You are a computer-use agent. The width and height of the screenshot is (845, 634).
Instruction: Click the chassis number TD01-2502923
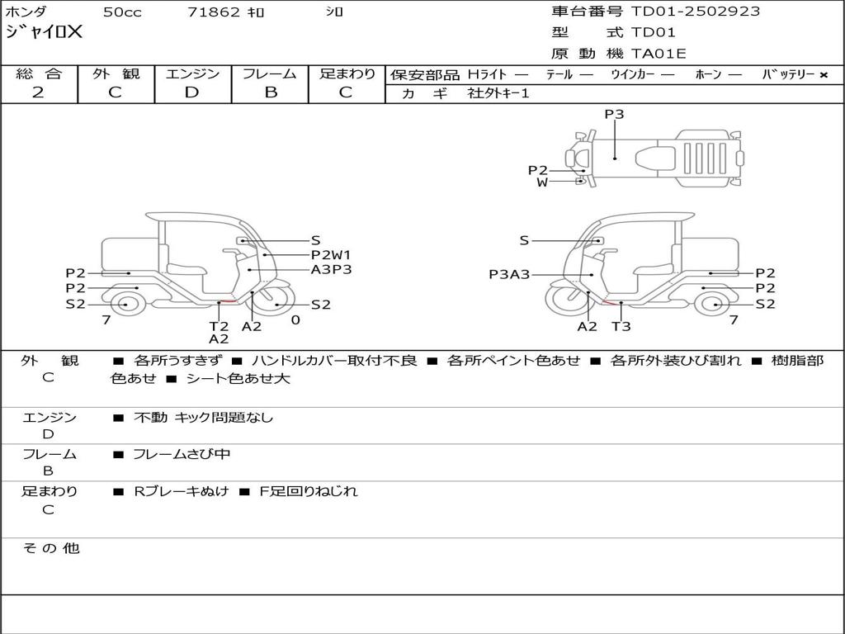point(695,12)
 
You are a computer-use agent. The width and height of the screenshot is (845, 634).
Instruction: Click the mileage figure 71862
point(214,12)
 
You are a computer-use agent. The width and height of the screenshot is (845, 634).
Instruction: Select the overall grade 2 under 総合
point(38,92)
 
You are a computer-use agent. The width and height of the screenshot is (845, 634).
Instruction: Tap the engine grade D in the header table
point(191,92)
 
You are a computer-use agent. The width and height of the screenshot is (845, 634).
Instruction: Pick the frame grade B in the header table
point(271,92)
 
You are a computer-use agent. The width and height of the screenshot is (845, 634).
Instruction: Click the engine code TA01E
point(659,54)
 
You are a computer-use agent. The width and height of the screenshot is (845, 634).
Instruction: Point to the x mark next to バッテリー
point(824,75)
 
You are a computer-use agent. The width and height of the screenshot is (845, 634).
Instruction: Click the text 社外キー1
point(498,93)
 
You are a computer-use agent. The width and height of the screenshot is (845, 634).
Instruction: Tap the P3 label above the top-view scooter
point(614,114)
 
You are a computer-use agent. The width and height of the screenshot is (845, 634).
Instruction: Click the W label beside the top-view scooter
point(542,182)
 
